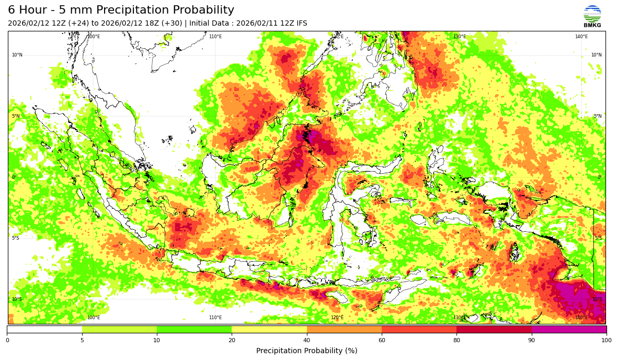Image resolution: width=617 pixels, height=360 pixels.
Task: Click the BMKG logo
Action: (x=592, y=16)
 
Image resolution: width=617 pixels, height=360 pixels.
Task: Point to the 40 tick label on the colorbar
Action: (x=307, y=340)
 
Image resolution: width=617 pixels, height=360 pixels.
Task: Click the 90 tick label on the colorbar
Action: (x=531, y=340)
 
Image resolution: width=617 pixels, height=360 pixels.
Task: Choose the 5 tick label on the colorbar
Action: (x=82, y=340)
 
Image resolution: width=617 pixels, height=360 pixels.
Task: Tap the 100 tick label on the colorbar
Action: (x=606, y=340)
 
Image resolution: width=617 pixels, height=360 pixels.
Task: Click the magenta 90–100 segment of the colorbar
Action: (x=569, y=329)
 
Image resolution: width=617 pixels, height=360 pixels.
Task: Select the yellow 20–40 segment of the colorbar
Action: (x=269, y=329)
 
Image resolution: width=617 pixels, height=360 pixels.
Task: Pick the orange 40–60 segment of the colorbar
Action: (x=344, y=329)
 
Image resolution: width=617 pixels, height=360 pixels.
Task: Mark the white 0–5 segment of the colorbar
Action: (x=44, y=329)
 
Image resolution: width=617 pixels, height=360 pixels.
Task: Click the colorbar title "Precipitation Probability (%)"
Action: (x=306, y=351)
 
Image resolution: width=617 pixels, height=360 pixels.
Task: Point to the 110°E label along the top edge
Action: (x=215, y=37)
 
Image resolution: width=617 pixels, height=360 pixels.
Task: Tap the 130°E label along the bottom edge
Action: (x=459, y=318)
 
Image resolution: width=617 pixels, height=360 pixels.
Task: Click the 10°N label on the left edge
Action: (x=17, y=55)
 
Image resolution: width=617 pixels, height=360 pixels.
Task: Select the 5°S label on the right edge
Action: (x=598, y=238)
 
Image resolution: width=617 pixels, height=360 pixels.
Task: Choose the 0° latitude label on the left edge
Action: (x=14, y=177)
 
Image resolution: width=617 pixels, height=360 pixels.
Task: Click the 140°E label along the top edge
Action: (x=581, y=37)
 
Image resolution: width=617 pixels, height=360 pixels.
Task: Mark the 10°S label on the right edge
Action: (x=597, y=299)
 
